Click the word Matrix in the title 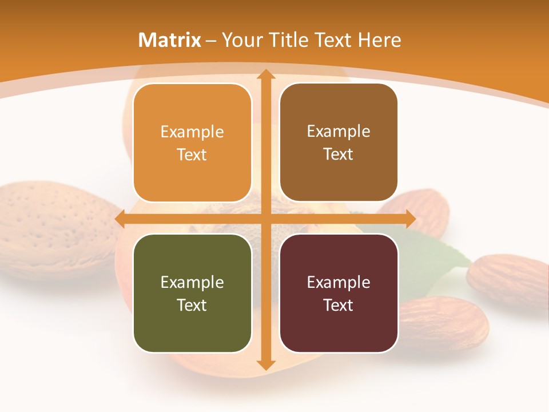pyautogui.click(x=170, y=40)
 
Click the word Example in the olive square pyautogui.click(x=192, y=282)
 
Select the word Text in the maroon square pyautogui.click(x=339, y=305)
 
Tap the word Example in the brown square pyautogui.click(x=339, y=131)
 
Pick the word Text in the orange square pyautogui.click(x=192, y=154)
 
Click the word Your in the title pyautogui.click(x=241, y=40)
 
